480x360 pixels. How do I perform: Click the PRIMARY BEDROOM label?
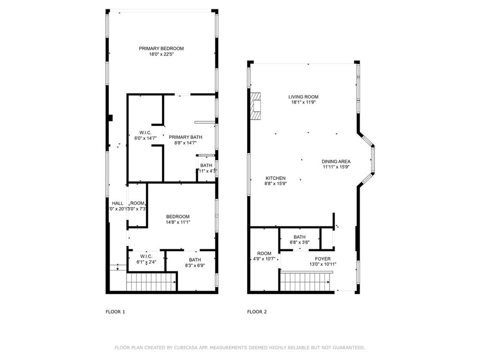pos(161,48)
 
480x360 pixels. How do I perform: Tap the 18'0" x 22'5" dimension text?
pos(161,54)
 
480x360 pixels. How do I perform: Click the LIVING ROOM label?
pos(303,97)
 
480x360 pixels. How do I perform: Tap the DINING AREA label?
pos(336,161)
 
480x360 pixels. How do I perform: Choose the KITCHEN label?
pos(275,178)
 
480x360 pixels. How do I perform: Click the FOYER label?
pos(322,259)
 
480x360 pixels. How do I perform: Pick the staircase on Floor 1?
pos(150,282)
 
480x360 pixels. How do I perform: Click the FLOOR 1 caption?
pos(115,312)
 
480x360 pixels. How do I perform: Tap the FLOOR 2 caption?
pos(257,312)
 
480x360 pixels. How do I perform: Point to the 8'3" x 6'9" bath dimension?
pos(195,265)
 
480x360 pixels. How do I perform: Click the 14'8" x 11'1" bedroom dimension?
pos(178,222)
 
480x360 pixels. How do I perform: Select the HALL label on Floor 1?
pos(117,203)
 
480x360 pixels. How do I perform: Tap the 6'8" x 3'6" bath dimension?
pos(300,242)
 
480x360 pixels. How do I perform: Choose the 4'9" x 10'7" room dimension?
pos(264,259)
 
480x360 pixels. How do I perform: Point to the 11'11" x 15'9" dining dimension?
pos(336,167)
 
